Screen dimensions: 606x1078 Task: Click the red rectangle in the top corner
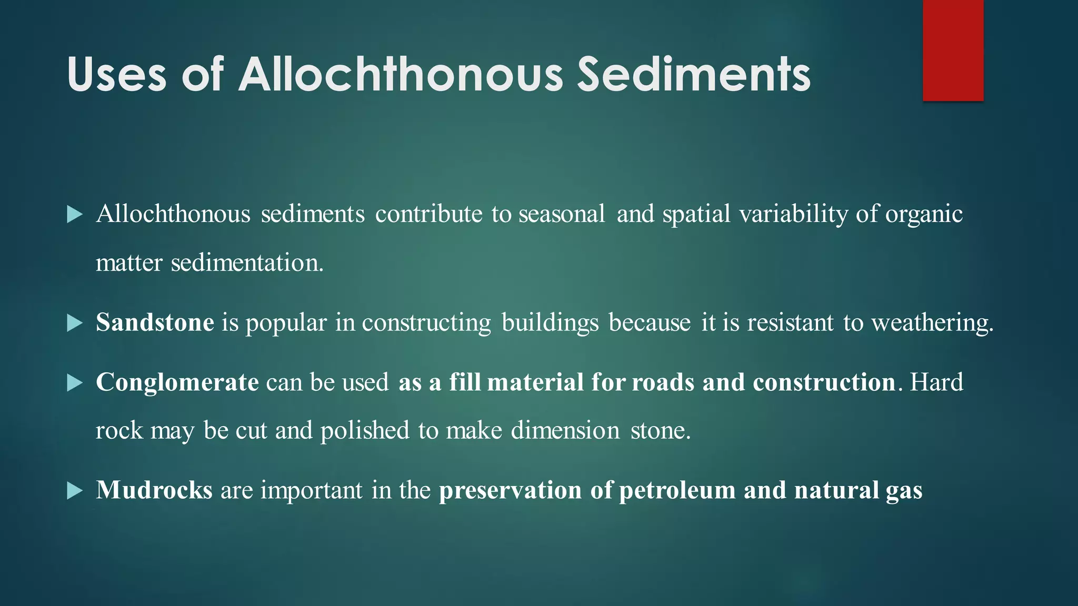[953, 50]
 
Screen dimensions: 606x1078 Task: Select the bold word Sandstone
[155, 322]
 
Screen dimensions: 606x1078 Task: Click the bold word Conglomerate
[177, 382]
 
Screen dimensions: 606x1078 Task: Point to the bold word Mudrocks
[154, 490]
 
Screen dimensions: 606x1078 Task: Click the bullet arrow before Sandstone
[75, 323]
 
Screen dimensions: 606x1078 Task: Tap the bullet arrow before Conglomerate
[75, 383]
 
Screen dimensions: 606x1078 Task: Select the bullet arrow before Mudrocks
[75, 491]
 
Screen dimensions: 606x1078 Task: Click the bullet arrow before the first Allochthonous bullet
[75, 215]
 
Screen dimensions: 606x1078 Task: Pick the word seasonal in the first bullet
[562, 214]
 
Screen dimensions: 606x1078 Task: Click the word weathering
[932, 323]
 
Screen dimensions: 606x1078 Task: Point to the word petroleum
[677, 491]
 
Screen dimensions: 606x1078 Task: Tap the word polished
[365, 431]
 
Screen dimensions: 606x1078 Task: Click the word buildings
[550, 323]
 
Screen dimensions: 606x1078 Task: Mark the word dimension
[565, 431]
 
